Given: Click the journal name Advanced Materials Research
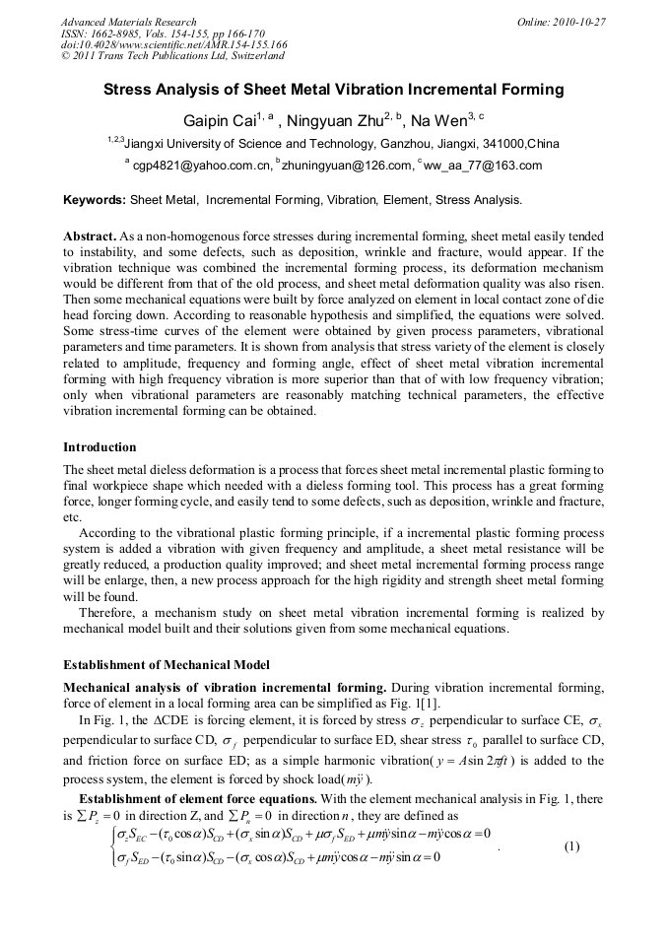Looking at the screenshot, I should click(128, 22).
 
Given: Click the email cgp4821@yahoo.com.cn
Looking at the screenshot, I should click(201, 166).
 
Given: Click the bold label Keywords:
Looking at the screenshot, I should click(95, 200).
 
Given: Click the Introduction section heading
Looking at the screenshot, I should click(100, 446).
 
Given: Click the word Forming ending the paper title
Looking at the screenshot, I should click(532, 90).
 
